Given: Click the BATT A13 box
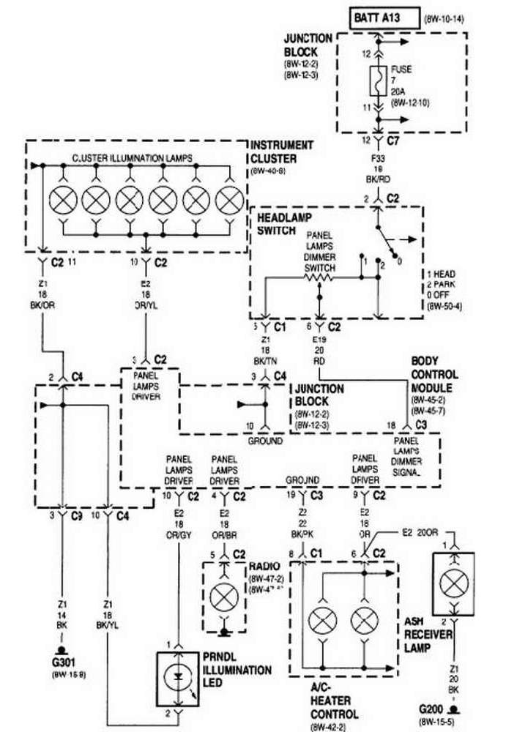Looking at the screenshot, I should point(384,18).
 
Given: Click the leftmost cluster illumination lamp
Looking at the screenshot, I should point(62,199).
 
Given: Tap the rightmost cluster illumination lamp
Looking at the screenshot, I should point(231,199).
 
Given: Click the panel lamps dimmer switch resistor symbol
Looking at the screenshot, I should point(319,278).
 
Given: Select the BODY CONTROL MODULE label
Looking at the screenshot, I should point(435,374).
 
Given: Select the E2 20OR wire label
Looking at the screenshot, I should point(417,533).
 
